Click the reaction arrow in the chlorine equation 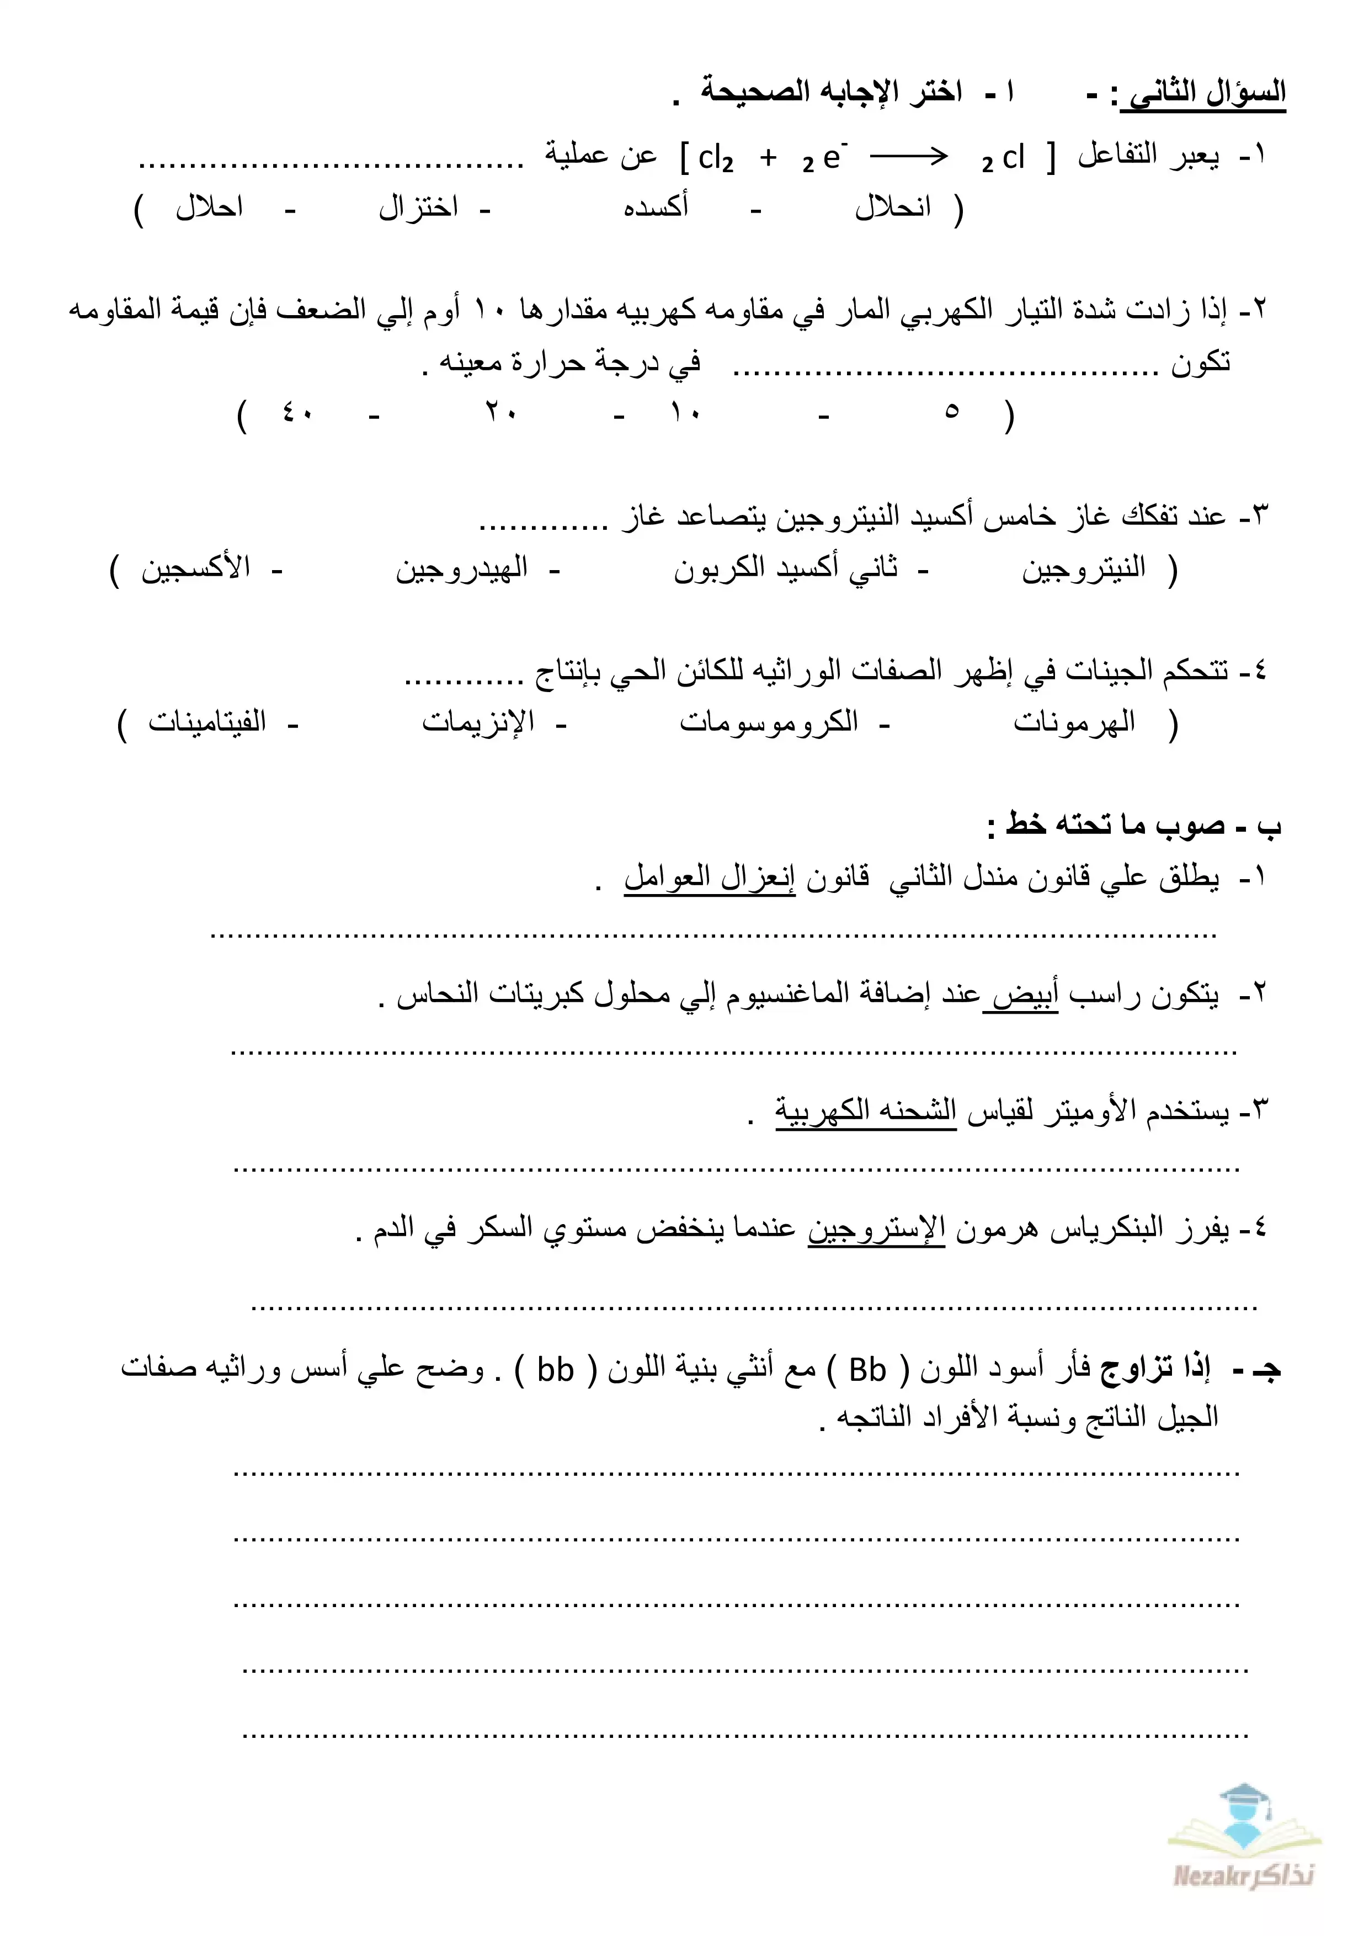[x=909, y=157]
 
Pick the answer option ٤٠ [x=297, y=413]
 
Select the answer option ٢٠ [x=500, y=413]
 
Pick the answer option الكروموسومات [x=769, y=722]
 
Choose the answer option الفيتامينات [x=207, y=722]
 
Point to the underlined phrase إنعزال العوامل [x=709, y=878]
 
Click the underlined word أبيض [x=1021, y=995]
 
